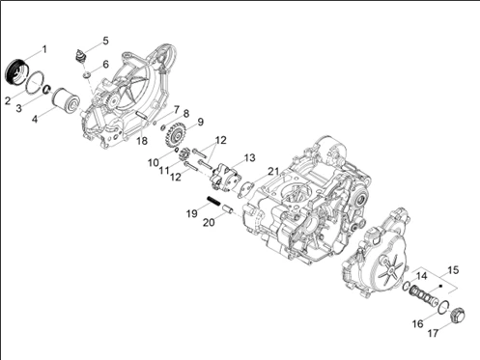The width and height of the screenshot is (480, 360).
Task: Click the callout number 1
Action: [44, 49]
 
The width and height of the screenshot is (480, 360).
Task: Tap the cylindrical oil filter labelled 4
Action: [66, 99]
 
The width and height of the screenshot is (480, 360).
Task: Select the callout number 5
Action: [105, 41]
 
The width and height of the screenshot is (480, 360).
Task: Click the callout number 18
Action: [142, 141]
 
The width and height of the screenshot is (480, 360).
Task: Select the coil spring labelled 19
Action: [213, 201]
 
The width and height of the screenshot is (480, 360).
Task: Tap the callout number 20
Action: [209, 222]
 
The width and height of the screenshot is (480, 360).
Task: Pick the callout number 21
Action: [273, 171]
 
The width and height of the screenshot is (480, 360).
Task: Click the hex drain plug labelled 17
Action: [457, 315]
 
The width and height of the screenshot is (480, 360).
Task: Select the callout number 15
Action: [453, 270]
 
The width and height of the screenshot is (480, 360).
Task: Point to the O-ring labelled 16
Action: [443, 306]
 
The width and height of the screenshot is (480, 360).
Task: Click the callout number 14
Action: [421, 276]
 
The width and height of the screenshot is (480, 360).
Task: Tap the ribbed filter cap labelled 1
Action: [17, 71]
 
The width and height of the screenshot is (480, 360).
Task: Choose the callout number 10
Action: [154, 162]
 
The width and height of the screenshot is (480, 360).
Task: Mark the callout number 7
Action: [176, 110]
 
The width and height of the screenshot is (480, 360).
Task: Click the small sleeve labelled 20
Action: [229, 210]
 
